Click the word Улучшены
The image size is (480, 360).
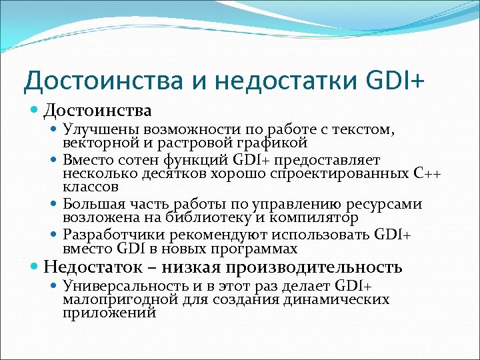coord(97,131)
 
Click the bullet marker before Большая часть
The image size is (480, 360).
coord(55,205)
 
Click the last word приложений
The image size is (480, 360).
coord(110,311)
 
